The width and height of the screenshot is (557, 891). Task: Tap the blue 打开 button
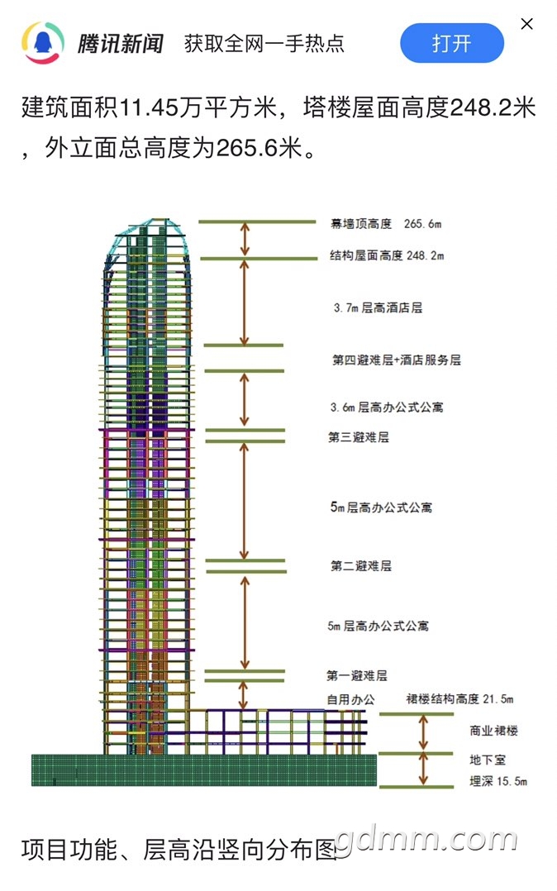(x=452, y=43)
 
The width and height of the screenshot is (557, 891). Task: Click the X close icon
(x=527, y=24)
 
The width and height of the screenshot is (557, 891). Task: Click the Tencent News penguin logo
(x=43, y=43)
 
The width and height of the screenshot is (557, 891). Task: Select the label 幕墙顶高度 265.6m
(x=386, y=224)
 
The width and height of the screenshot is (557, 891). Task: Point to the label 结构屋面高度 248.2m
(x=387, y=255)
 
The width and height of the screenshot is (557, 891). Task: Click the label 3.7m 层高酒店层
(x=378, y=308)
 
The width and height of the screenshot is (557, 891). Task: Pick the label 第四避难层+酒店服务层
(x=396, y=360)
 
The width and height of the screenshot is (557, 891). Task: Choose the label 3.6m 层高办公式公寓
(x=387, y=407)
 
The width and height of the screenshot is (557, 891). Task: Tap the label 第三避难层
(x=359, y=437)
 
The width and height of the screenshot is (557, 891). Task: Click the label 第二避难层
(x=361, y=565)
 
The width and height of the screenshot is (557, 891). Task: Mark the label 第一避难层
(x=357, y=675)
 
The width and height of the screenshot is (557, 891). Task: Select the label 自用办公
(x=350, y=699)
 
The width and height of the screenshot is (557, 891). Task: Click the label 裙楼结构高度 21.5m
(x=459, y=699)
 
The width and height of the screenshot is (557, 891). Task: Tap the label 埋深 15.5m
(x=498, y=781)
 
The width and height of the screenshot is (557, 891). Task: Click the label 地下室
(x=488, y=760)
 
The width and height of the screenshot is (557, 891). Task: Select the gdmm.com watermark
(x=426, y=839)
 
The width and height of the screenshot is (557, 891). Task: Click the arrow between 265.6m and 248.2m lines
(x=245, y=239)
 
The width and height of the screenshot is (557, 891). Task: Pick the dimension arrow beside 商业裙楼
(x=423, y=732)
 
